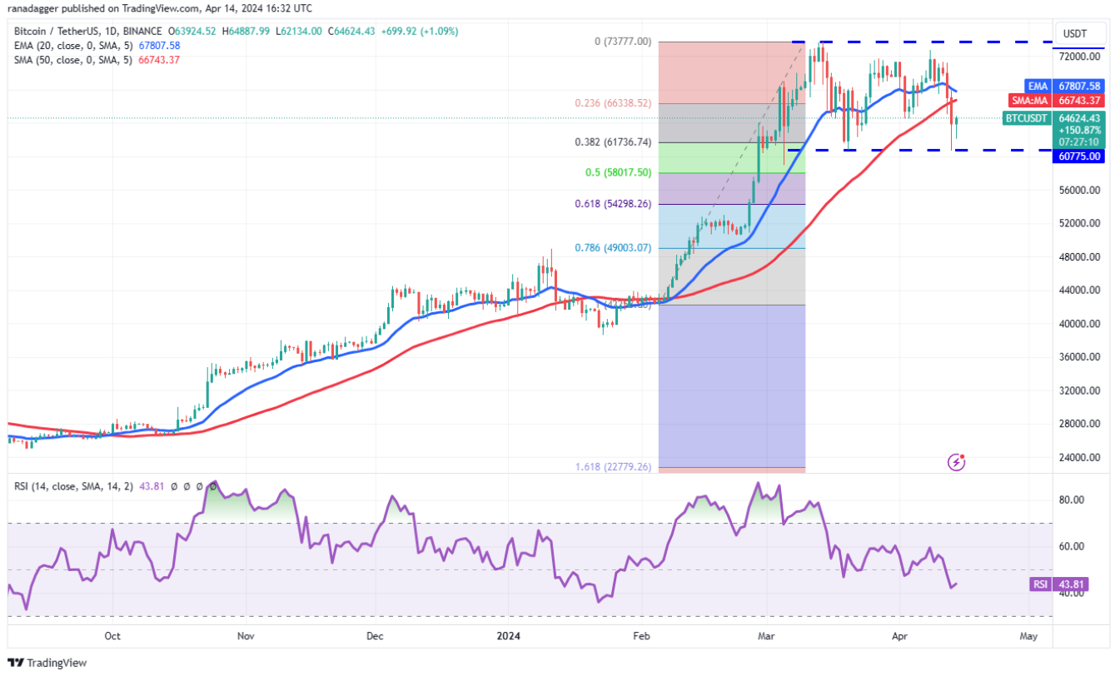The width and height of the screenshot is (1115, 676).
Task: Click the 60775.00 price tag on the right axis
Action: [1079, 156]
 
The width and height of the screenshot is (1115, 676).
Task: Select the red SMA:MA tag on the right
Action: [1029, 100]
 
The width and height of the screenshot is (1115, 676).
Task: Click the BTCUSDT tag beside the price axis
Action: [1026, 118]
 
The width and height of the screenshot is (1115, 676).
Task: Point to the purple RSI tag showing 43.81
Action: [1040, 584]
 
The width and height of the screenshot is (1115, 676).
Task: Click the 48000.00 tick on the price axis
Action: [1079, 257]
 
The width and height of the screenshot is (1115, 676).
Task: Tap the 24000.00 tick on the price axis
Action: [1079, 457]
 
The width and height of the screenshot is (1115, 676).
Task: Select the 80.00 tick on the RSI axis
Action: [1073, 500]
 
